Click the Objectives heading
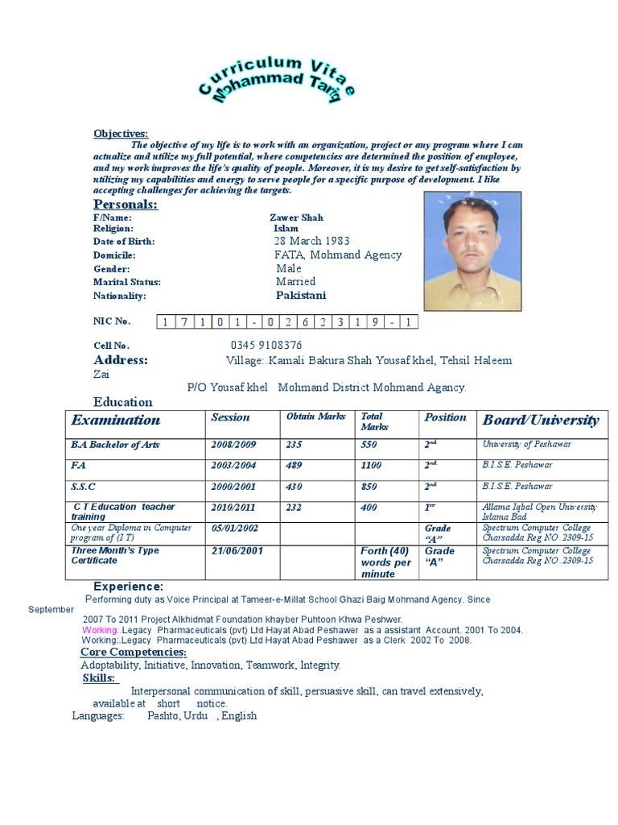[x=121, y=133]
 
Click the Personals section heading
[x=126, y=205]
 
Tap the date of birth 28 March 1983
[x=310, y=241]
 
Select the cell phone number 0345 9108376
[x=266, y=346]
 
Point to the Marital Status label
[x=127, y=282]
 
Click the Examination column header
[x=116, y=420]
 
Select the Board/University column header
[x=540, y=420]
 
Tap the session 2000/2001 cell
[x=234, y=487]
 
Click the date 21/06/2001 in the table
[x=237, y=551]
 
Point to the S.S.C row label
[x=84, y=487]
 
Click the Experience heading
[x=129, y=587]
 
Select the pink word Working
[x=100, y=629]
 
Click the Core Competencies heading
[x=134, y=652]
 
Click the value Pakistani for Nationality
[x=301, y=296]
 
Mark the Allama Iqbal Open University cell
[x=539, y=511]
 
